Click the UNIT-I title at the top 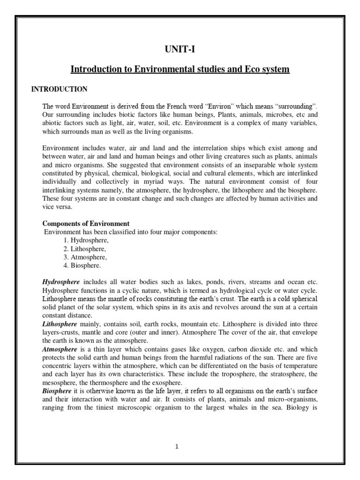coord(180,50)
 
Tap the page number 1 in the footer coord(177,447)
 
